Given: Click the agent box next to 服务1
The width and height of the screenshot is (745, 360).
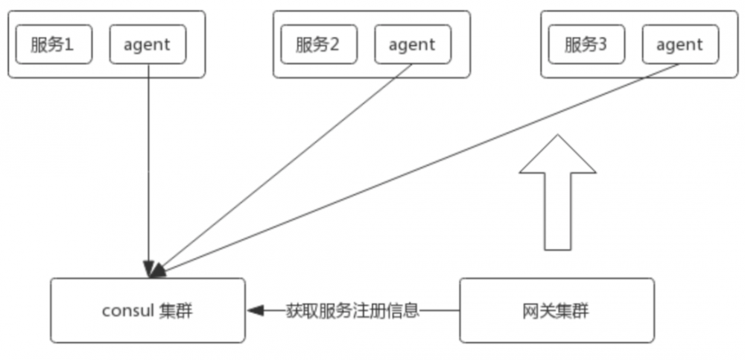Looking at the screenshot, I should coord(148,45).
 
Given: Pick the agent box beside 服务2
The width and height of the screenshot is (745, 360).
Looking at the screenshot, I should coord(412,45).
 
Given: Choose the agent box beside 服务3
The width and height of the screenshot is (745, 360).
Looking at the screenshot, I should coord(679,45).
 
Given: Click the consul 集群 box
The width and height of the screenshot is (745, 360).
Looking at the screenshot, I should coord(148,310).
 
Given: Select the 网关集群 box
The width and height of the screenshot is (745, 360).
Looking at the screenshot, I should coord(557,310).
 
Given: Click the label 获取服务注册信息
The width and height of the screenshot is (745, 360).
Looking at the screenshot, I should coord(352,310).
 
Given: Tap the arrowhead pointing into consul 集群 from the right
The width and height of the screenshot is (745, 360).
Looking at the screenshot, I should coord(256,310).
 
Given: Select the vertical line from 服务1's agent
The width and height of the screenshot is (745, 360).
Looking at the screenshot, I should coord(148,164).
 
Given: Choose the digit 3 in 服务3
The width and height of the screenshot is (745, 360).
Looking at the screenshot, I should coord(602,45).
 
